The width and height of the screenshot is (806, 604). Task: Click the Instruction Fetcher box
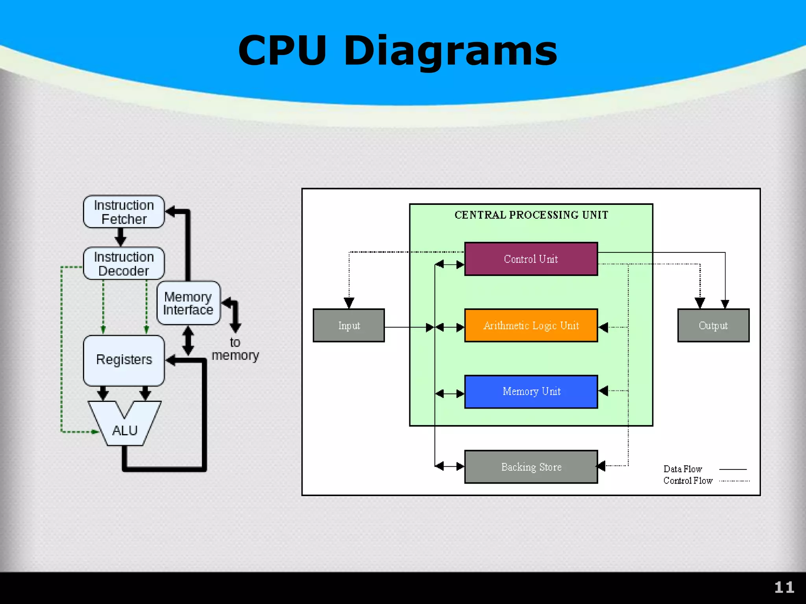click(124, 212)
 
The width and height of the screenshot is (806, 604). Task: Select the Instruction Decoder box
click(124, 263)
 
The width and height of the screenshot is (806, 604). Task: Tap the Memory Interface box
click(188, 303)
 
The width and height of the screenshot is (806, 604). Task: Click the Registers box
click(124, 360)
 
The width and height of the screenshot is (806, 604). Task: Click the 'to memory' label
click(235, 349)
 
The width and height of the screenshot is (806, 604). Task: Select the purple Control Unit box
click(531, 259)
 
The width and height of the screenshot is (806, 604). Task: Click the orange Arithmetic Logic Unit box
click(531, 326)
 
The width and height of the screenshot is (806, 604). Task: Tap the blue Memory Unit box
click(531, 392)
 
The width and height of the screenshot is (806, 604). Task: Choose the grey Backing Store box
click(531, 467)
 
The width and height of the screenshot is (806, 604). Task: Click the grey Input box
click(349, 326)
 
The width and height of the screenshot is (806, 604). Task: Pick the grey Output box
click(713, 326)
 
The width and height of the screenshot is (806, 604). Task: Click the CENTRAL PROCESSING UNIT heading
click(531, 215)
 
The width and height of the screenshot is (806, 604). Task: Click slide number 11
click(784, 587)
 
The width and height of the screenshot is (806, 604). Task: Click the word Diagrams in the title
click(450, 50)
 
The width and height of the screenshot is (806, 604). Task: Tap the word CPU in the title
click(282, 50)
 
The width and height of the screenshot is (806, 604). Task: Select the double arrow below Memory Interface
click(188, 341)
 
